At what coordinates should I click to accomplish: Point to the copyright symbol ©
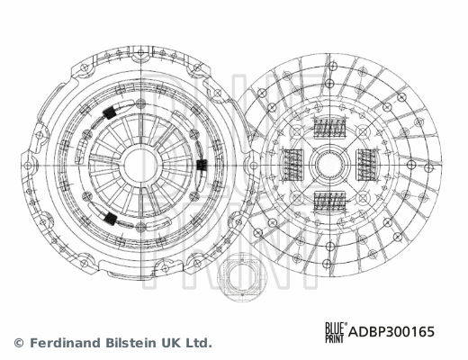tap(18, 343)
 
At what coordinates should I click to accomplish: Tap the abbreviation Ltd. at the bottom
tap(200, 343)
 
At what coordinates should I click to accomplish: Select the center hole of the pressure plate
tap(143, 165)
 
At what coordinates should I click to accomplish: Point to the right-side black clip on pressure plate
tap(201, 165)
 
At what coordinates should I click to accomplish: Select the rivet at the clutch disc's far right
tap(436, 165)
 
